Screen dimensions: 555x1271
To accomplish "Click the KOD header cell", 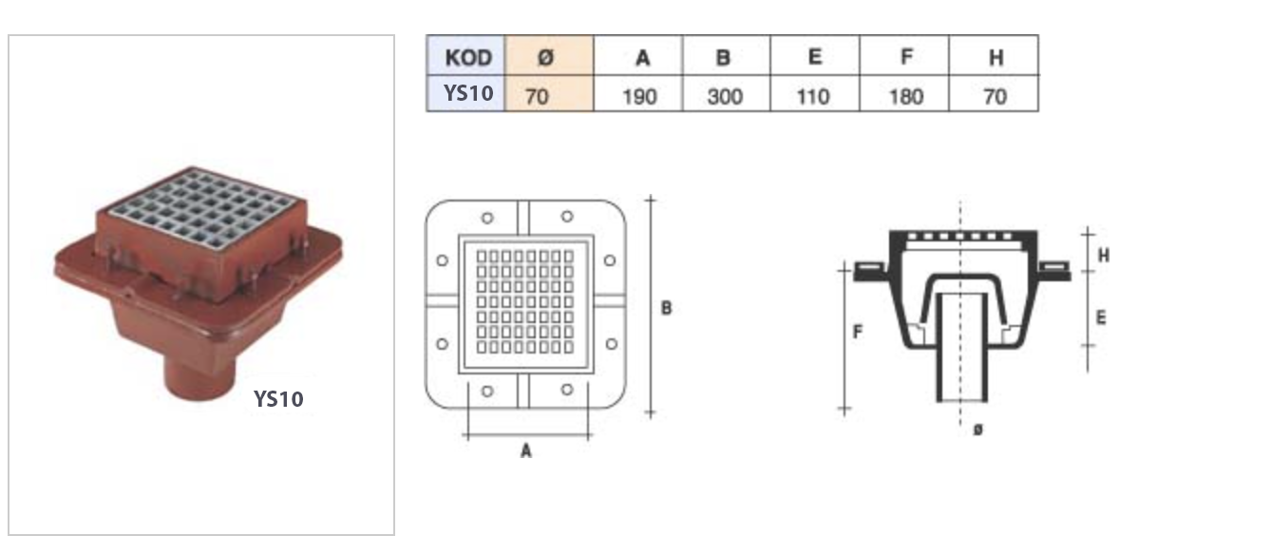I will pyautogui.click(x=467, y=57).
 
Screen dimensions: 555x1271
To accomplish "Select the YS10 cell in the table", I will pyautogui.click(x=467, y=94).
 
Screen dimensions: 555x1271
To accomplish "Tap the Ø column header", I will pyautogui.click(x=546, y=57).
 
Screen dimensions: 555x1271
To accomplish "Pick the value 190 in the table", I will pyautogui.click(x=638, y=96).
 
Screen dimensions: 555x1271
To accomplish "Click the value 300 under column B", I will pyautogui.click(x=725, y=96).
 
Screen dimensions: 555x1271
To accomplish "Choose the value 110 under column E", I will pyautogui.click(x=813, y=96).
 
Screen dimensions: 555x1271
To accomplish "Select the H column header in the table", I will pyautogui.click(x=995, y=58).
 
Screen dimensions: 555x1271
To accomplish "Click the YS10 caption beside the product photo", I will pyautogui.click(x=277, y=399).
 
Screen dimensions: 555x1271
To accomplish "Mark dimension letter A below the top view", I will pyautogui.click(x=525, y=451).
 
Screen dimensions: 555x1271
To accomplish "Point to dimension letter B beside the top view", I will pyautogui.click(x=666, y=308).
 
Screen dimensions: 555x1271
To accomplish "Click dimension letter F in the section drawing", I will pyautogui.click(x=858, y=333).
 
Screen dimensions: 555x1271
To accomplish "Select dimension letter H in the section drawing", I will pyautogui.click(x=1103, y=255).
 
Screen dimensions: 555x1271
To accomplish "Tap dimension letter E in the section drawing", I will pyautogui.click(x=1101, y=316).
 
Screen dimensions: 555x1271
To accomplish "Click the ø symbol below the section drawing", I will pyautogui.click(x=978, y=431).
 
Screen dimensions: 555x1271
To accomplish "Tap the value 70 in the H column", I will pyautogui.click(x=995, y=96).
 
